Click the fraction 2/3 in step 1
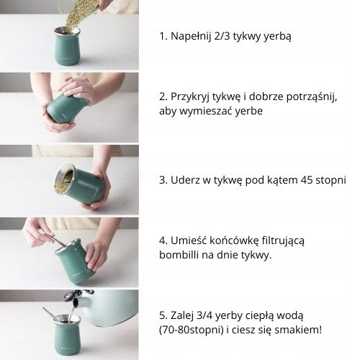[222, 36]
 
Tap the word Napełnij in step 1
[191, 37]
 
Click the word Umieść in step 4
[189, 240]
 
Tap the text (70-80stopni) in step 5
[191, 330]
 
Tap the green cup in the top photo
[67, 46]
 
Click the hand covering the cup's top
[77, 89]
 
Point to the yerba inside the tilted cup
[63, 179]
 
